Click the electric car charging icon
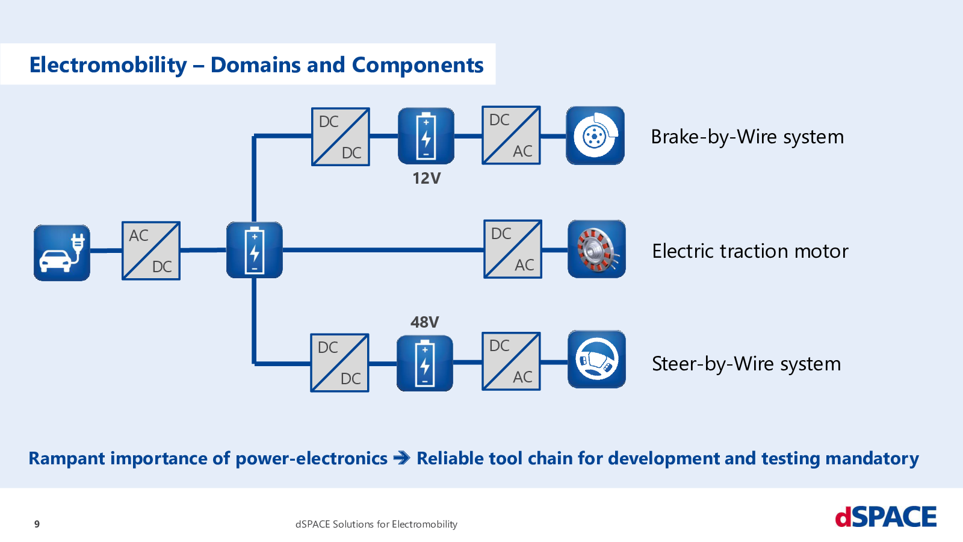[62, 253]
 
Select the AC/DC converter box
[151, 251]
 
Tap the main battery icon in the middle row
[255, 250]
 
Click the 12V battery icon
[426, 136]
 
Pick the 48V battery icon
[425, 364]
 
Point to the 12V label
[427, 178]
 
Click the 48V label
[425, 322]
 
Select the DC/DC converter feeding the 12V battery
[341, 137]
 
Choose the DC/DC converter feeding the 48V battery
[339, 363]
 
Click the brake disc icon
[595, 135]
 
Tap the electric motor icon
[596, 249]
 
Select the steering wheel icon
[596, 359]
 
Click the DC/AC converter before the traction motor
[513, 249]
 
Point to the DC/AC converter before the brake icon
[511, 135]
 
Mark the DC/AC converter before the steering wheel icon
[511, 361]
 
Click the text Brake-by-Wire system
[747, 137]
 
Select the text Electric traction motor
[750, 251]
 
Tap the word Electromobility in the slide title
[108, 66]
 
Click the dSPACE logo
[885, 517]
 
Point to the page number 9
[37, 524]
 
